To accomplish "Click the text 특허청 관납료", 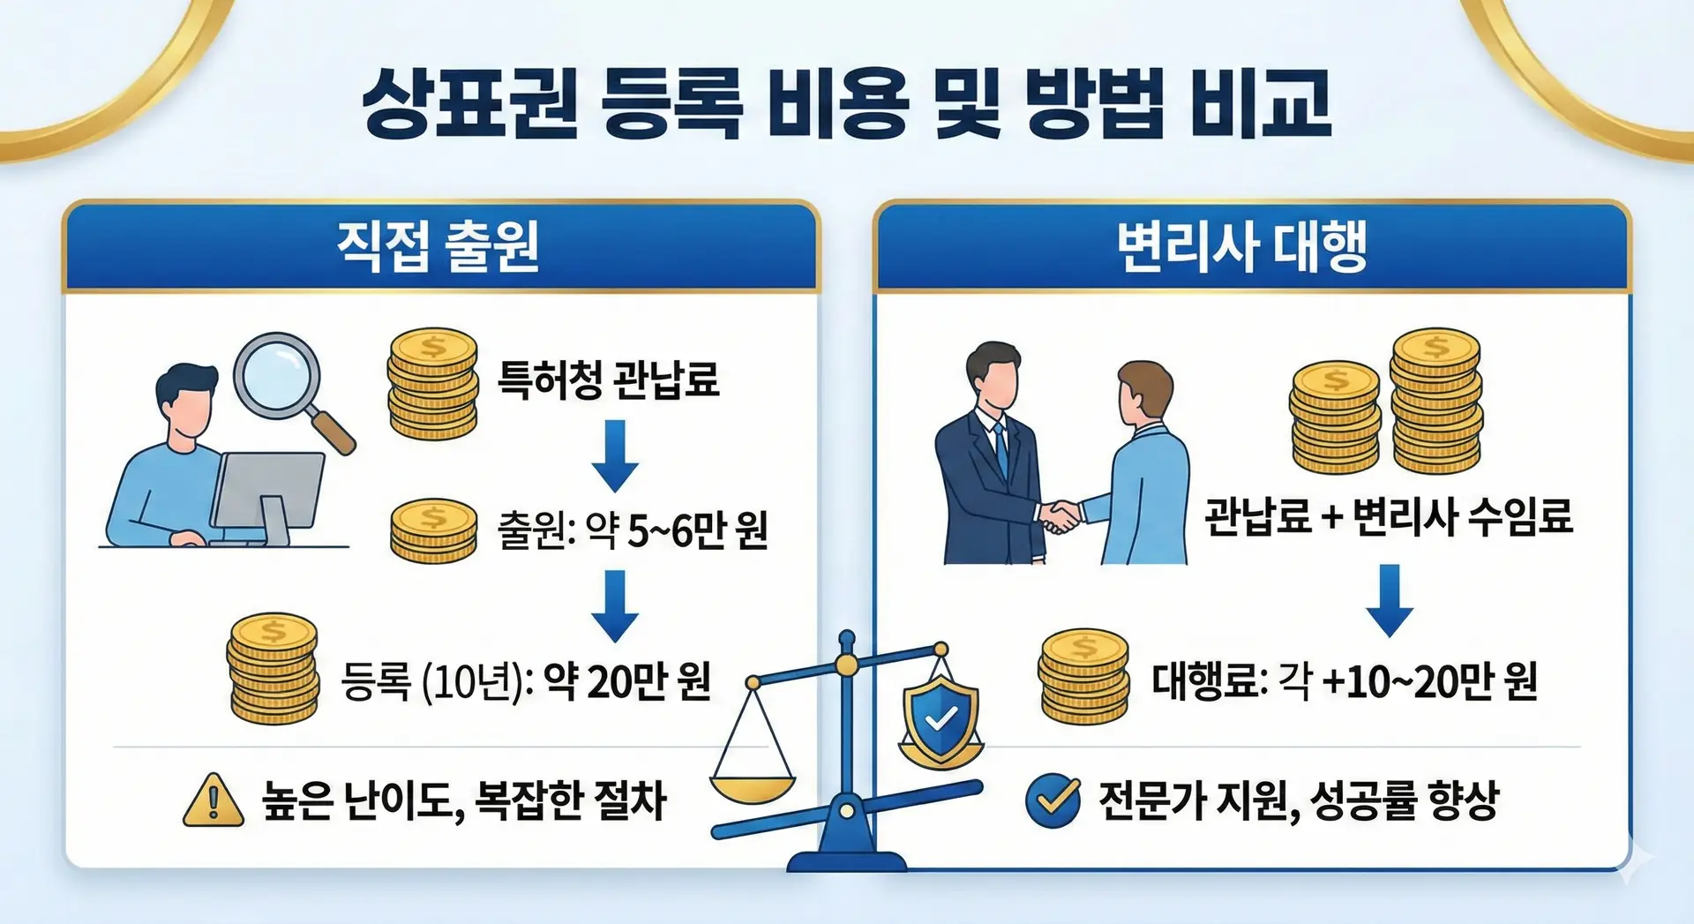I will pos(608,379).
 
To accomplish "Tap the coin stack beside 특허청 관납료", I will pos(432,384).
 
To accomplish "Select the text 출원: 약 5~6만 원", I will pos(633,530).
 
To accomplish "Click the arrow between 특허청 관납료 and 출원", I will pos(614,454).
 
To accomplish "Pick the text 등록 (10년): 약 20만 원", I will pos(526,680).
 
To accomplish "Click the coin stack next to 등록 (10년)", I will pos(274,668).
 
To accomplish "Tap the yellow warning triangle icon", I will pos(213,800).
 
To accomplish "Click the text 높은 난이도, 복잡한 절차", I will pos(464,800).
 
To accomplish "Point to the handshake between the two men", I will pos(1061,515).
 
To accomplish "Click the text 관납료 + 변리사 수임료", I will pos(1389,516).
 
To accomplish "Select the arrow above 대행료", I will pos(1390,600).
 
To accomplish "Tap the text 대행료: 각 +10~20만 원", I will pos(1345,680).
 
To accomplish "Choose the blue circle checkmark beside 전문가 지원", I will pos(1053,800).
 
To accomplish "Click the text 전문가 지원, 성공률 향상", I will pos(1298,800).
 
